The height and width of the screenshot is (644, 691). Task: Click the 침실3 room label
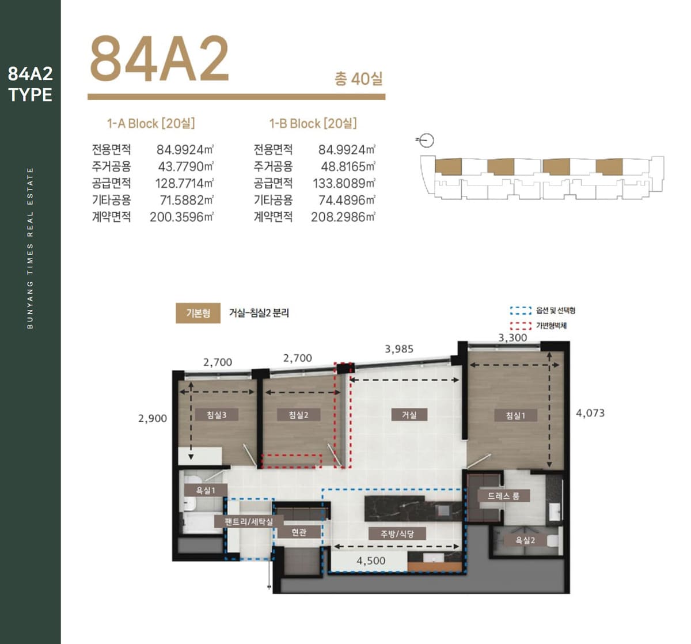(x=217, y=415)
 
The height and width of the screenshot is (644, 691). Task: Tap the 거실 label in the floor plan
(x=409, y=415)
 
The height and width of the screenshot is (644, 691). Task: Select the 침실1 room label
(x=515, y=415)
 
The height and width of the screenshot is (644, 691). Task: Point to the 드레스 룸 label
(x=503, y=496)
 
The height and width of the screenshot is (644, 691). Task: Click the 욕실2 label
(x=525, y=540)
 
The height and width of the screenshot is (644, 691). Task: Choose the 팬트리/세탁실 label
(x=249, y=521)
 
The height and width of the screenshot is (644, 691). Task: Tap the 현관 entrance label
(x=299, y=532)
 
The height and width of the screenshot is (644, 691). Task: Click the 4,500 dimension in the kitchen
(x=371, y=561)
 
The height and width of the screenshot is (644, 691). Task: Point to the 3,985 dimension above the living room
(x=399, y=349)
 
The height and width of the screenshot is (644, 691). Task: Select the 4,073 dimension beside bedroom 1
(x=590, y=413)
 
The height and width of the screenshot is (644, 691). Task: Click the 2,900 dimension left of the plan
(x=153, y=418)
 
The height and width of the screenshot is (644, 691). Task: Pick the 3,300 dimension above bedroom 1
(x=512, y=338)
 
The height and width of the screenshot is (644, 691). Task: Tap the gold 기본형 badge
(x=198, y=313)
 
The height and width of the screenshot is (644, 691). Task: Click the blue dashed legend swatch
(x=521, y=310)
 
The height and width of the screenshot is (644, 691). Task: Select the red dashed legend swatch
(x=521, y=326)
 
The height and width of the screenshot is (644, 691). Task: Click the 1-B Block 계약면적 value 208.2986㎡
(x=343, y=217)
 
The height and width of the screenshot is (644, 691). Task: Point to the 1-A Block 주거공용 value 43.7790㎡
(x=186, y=166)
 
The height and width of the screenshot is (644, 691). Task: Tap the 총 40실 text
(x=358, y=79)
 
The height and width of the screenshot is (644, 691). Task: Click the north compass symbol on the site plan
(x=426, y=141)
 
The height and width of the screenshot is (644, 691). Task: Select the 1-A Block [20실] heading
(x=151, y=124)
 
